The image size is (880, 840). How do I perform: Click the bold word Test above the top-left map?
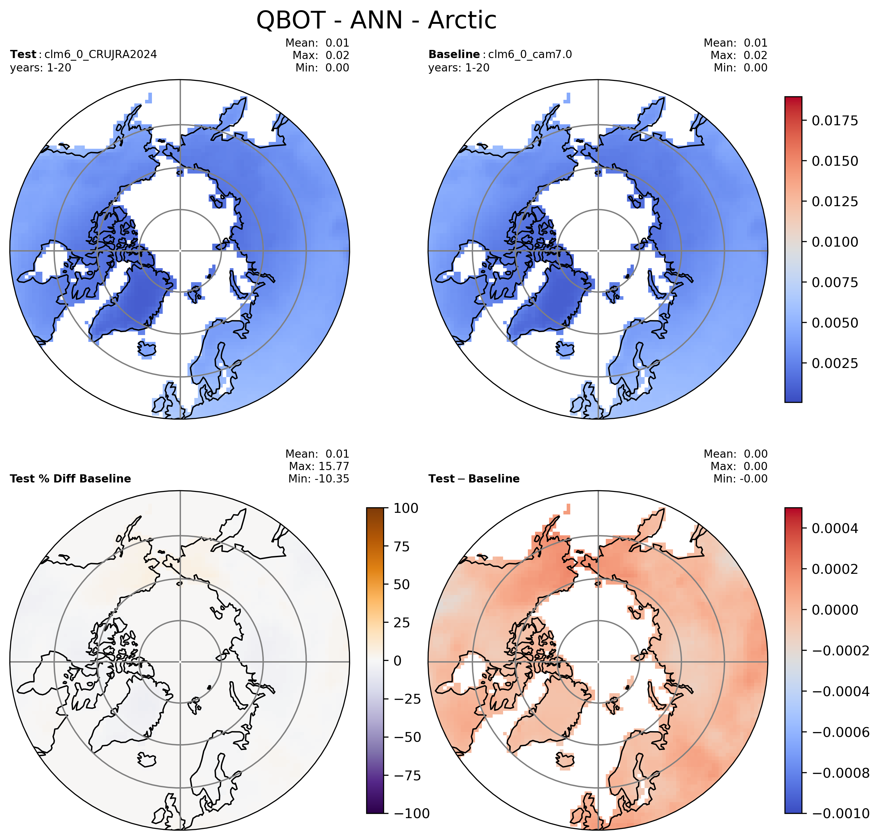(23, 54)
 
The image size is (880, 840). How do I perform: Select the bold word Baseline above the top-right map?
(454, 54)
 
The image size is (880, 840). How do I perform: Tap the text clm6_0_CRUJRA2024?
(101, 54)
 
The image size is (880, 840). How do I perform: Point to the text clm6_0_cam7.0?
(530, 54)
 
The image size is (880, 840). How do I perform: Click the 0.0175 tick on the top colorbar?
(835, 120)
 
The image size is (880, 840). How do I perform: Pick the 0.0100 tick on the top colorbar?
(835, 242)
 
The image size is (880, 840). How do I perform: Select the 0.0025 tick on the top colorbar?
(835, 363)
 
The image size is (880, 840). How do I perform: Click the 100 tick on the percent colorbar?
(406, 508)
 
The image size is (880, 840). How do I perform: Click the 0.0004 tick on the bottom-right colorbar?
(835, 528)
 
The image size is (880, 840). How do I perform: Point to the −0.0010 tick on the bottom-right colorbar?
(841, 814)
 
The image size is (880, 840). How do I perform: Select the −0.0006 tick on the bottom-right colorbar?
(841, 732)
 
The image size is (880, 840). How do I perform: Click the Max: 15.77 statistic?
(319, 466)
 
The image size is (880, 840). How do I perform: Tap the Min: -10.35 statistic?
(319, 479)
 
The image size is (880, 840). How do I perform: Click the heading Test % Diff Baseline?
(70, 479)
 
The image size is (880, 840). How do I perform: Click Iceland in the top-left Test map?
(147, 350)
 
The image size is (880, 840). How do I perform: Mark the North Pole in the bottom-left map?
(180, 661)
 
